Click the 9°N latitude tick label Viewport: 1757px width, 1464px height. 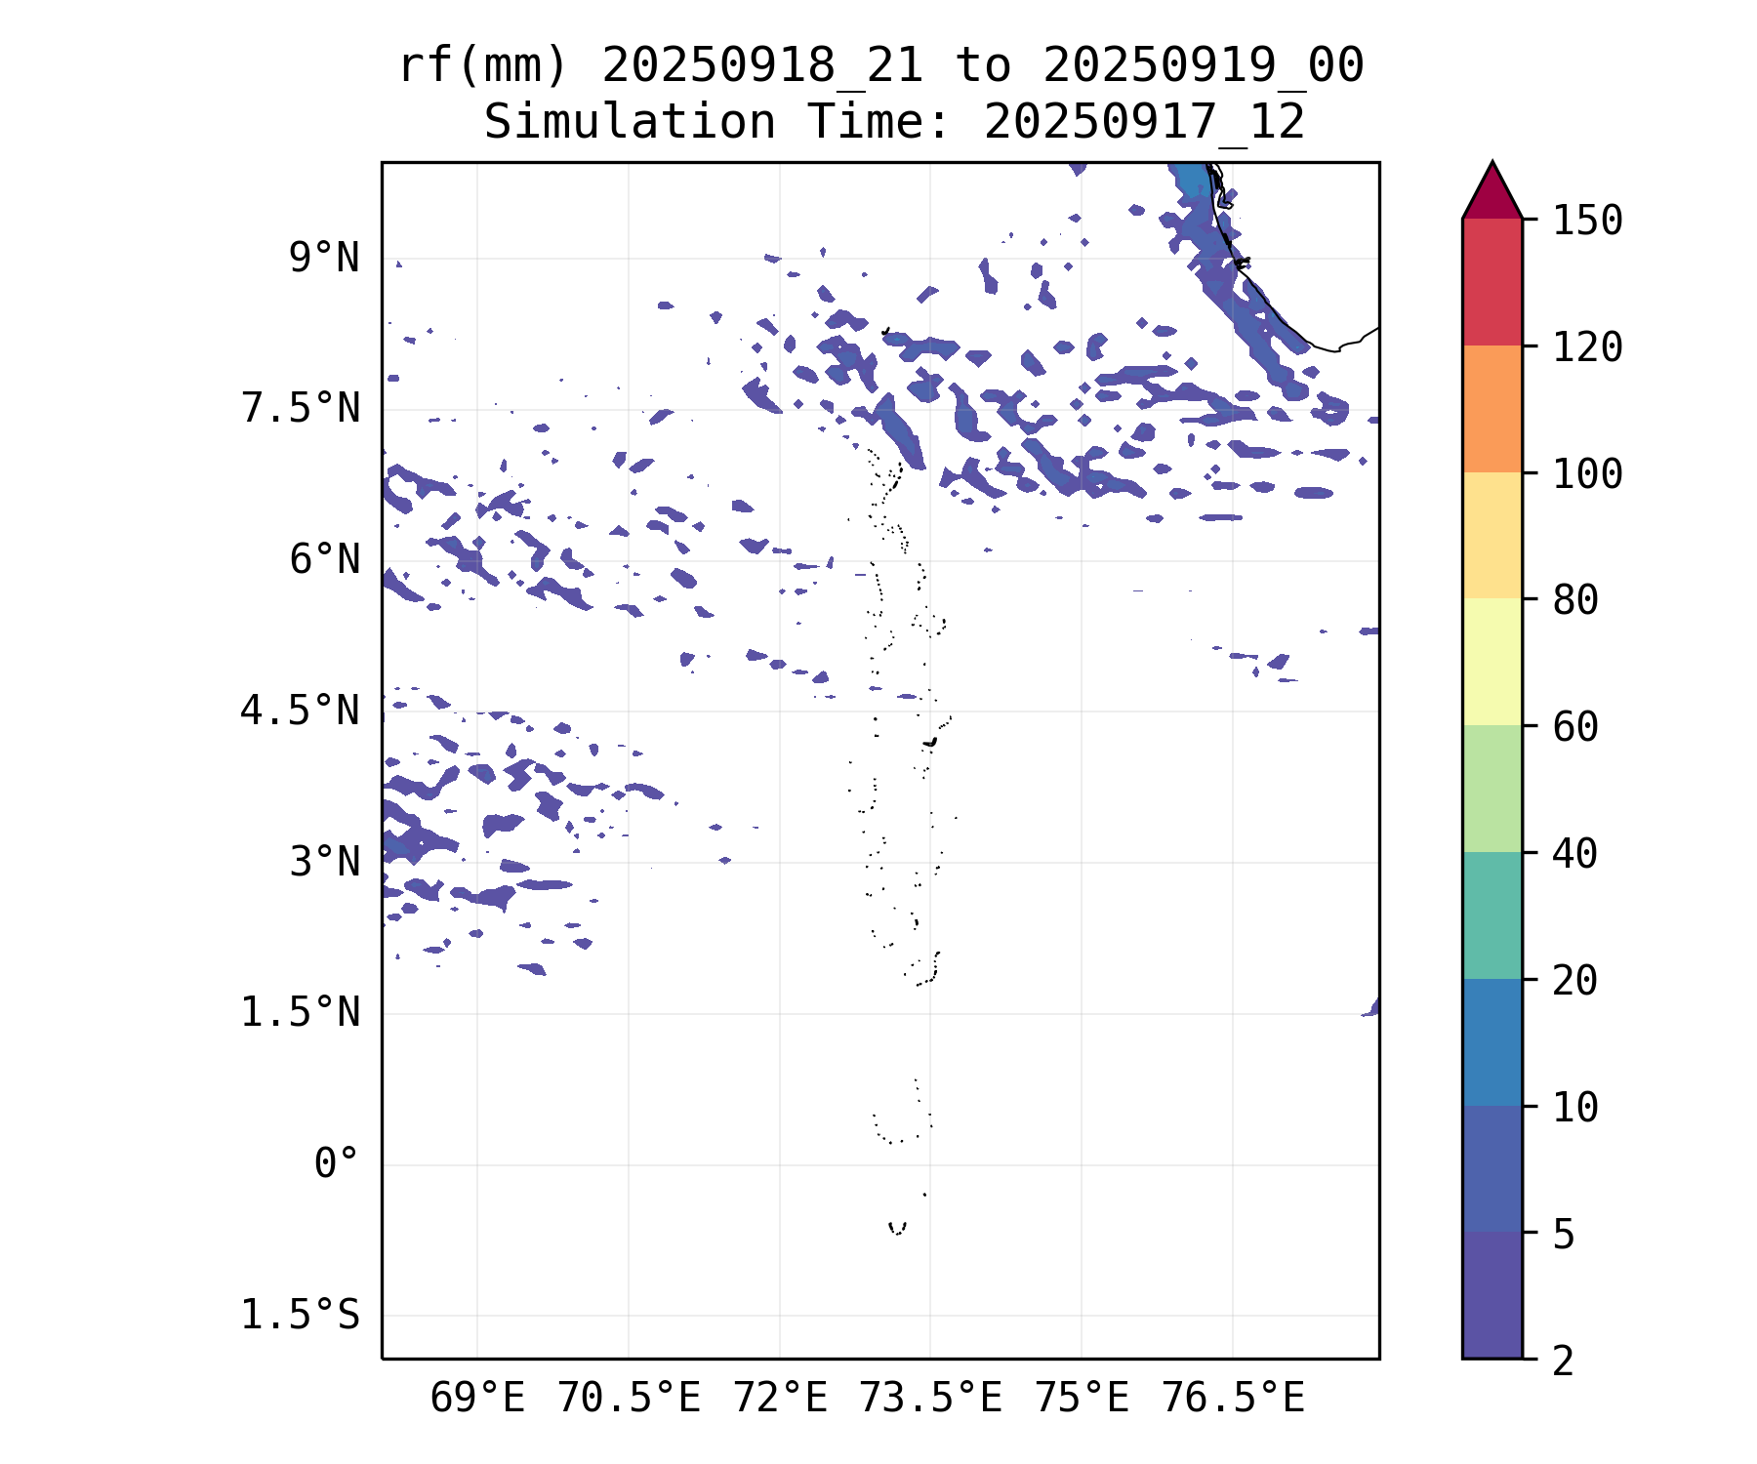pyautogui.click(x=323, y=259)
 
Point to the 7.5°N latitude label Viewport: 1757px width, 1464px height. pyautogui.click(x=300, y=409)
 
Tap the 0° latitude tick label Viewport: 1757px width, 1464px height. pyautogui.click(x=336, y=1163)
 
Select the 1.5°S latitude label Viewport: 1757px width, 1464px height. pyautogui.click(x=300, y=1315)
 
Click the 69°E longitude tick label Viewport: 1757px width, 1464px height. pyautogui.click(x=477, y=1399)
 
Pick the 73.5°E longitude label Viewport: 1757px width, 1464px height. pyautogui.click(x=930, y=1399)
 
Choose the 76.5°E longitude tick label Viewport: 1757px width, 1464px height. pyautogui.click(x=1233, y=1399)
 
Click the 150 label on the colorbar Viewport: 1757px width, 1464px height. pyautogui.click(x=1587, y=221)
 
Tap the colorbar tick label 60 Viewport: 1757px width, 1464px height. pyautogui.click(x=1575, y=727)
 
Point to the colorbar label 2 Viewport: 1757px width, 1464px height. pyautogui.click(x=1564, y=1361)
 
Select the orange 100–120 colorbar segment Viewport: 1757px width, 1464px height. pyautogui.click(x=1491, y=409)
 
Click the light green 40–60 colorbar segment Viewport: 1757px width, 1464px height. pyautogui.click(x=1491, y=789)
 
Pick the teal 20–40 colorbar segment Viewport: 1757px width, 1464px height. pyautogui.click(x=1491, y=915)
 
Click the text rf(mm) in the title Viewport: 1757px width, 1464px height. pyautogui.click(x=483, y=66)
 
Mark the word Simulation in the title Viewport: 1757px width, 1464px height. pyautogui.click(x=630, y=123)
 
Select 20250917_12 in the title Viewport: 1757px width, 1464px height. pyautogui.click(x=1144, y=123)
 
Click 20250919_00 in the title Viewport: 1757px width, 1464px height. pyautogui.click(x=1203, y=66)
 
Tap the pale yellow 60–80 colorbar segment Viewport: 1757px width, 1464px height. pyautogui.click(x=1491, y=662)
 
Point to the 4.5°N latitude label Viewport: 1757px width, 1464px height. pyautogui.click(x=300, y=711)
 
